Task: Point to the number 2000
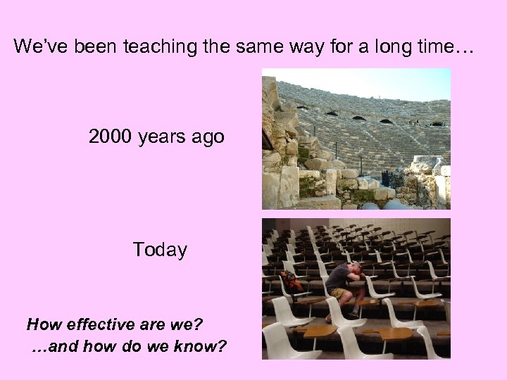pyautogui.click(x=111, y=136)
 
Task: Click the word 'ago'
pyautogui.click(x=208, y=137)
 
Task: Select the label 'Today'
pyautogui.click(x=160, y=250)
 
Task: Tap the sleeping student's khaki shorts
pyautogui.click(x=342, y=293)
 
